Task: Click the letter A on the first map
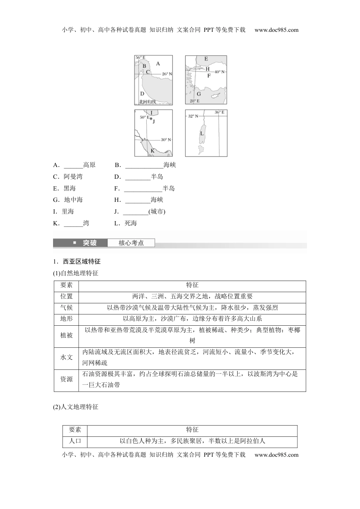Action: coord(158,64)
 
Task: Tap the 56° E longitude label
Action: coord(141,58)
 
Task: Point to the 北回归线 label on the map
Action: coord(147,101)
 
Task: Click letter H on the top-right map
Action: coord(207,69)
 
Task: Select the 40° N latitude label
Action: coord(220,72)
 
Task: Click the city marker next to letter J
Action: coord(150,119)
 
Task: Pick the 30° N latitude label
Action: coord(166,140)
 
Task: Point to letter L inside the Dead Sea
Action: coord(202,133)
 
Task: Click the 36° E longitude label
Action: coord(219,112)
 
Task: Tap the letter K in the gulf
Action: coord(152,151)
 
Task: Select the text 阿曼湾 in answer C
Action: coord(73,176)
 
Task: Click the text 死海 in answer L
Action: coord(131,223)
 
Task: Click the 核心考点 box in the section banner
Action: coord(131,243)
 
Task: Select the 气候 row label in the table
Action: coord(66,308)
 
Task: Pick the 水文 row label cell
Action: coord(66,357)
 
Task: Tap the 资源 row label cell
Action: coord(66,379)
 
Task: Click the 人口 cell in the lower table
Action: coord(75,441)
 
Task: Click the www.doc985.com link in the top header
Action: coord(277,30)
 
